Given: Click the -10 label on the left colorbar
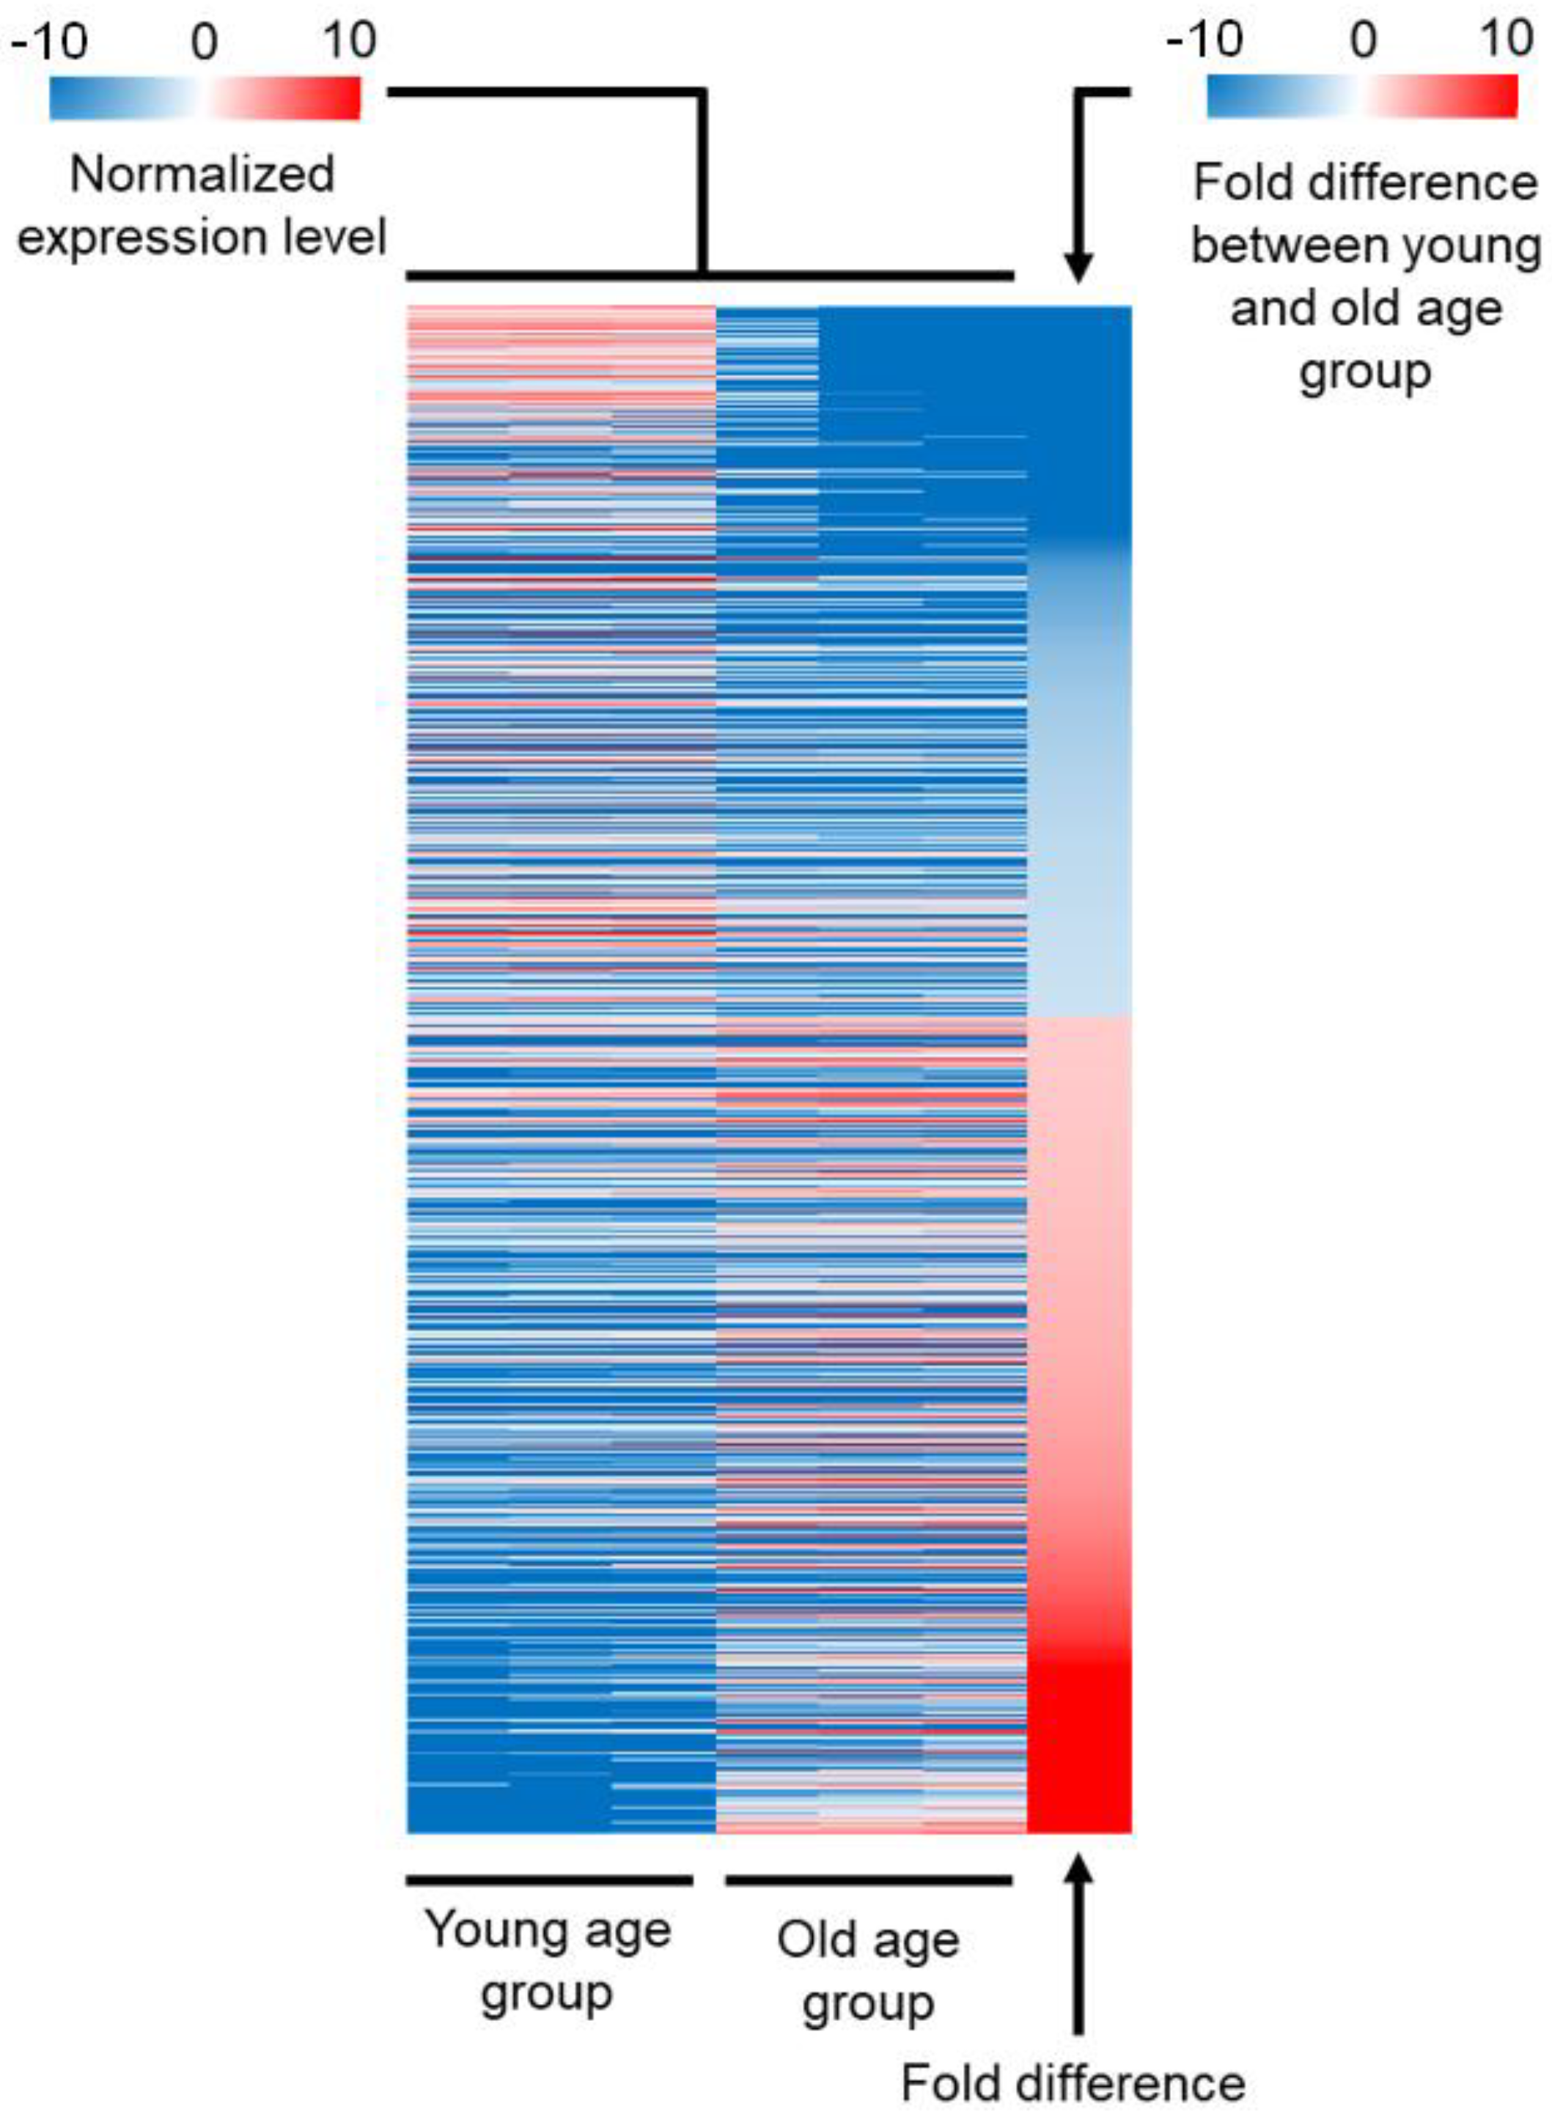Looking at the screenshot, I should (50, 41).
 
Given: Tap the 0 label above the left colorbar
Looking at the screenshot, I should (204, 41).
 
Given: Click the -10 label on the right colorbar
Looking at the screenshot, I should (1205, 40).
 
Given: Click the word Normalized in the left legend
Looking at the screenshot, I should (202, 174).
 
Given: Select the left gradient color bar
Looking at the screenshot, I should (204, 97).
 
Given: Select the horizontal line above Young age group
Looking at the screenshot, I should (550, 1880).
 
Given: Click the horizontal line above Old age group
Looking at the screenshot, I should (868, 1880).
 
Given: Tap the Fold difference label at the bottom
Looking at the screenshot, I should (1073, 2083).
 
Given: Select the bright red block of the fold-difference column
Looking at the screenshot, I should (1079, 1751).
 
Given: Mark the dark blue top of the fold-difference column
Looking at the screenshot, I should (1079, 413).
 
